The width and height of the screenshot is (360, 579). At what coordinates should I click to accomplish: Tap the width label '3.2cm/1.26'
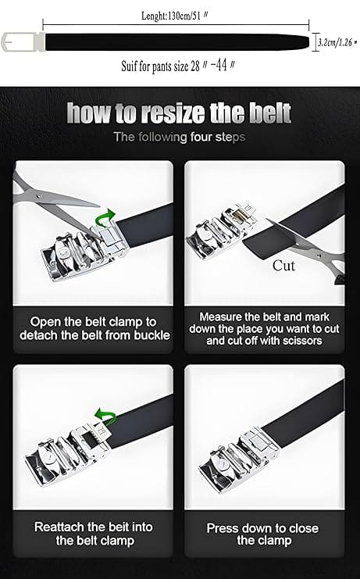335,42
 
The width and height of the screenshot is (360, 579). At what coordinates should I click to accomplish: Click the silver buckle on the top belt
23,41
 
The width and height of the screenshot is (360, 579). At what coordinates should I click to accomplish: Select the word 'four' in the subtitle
201,138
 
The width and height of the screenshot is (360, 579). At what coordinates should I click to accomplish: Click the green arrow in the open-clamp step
105,217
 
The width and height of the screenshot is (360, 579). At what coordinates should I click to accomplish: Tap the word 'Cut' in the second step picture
283,266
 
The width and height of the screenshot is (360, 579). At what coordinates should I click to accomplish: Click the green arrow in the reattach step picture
105,416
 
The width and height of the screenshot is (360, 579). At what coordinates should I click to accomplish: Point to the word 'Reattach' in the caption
59,527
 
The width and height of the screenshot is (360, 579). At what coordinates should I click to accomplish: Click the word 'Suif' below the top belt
129,66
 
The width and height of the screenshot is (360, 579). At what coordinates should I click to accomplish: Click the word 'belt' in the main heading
270,113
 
